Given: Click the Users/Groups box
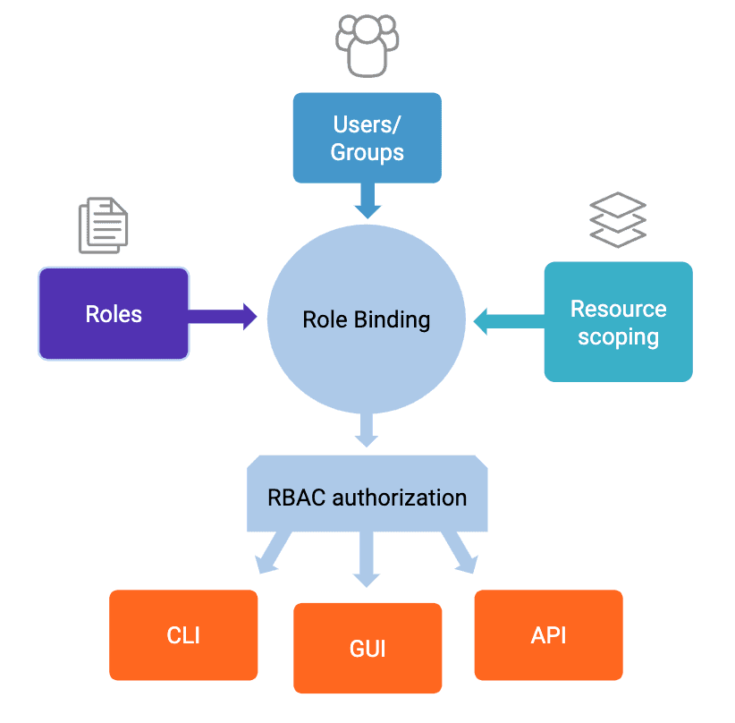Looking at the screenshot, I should pos(367,138).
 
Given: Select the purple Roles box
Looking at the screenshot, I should pos(114,313).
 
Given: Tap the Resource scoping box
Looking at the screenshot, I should pos(618,322).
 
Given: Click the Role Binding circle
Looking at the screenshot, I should pos(367,319).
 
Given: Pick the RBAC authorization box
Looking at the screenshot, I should pos(367,497).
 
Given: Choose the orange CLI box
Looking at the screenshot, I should pos(183,635).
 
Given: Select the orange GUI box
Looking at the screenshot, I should pos(367,648).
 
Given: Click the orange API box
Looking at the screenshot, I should pos(548,635).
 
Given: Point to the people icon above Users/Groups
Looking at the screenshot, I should pos(367,45).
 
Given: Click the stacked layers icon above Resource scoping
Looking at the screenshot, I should pos(618,219).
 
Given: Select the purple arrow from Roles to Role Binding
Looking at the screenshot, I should pos(223,316).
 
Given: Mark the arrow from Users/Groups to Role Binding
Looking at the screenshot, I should pos(367,200).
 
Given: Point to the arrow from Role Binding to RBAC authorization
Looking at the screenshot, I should pos(366,430).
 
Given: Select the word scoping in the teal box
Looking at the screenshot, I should pos(618,337).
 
